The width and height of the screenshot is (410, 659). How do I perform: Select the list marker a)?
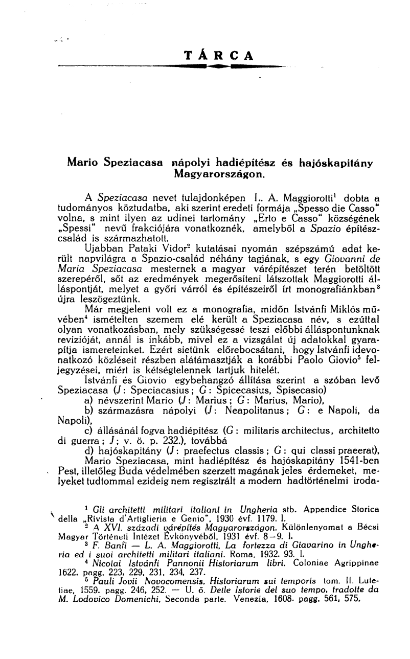pos(88,410)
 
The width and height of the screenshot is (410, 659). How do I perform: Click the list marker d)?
pos(88,451)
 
